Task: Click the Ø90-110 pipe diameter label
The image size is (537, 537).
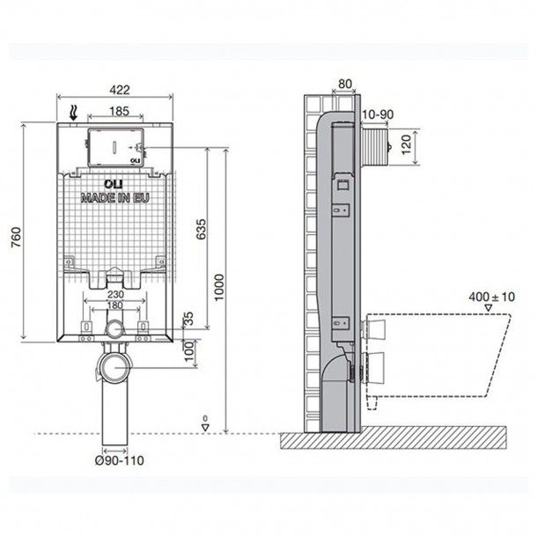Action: (x=114, y=459)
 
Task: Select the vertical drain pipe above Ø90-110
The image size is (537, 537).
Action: (x=112, y=414)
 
